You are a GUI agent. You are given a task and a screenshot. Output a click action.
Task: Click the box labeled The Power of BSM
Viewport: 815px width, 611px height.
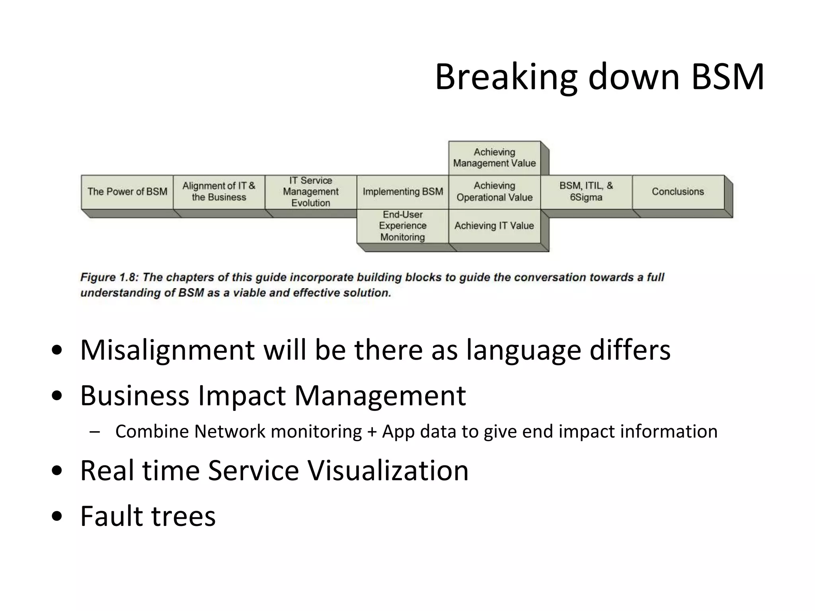click(127, 192)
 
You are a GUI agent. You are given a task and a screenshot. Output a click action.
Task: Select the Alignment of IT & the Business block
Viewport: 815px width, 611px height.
click(219, 192)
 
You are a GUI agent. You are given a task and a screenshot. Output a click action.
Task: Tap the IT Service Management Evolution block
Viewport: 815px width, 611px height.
click(311, 192)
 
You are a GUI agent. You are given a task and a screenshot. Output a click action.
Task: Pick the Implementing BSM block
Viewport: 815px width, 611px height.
click(403, 192)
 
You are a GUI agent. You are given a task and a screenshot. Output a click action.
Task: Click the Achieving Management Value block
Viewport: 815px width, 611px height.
click(494, 158)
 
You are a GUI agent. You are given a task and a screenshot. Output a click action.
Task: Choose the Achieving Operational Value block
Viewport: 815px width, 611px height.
click(494, 192)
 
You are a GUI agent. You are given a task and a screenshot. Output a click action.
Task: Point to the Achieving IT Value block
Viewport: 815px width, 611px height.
click(494, 226)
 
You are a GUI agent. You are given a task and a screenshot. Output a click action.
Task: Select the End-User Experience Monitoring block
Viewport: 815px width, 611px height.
click(403, 226)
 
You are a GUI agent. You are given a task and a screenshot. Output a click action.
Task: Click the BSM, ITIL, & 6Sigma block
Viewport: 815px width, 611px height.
click(586, 192)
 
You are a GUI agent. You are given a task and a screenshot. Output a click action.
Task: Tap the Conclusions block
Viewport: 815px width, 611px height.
click(678, 192)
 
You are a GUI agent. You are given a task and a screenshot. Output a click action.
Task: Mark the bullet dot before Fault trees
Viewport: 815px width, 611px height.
click(57, 516)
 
